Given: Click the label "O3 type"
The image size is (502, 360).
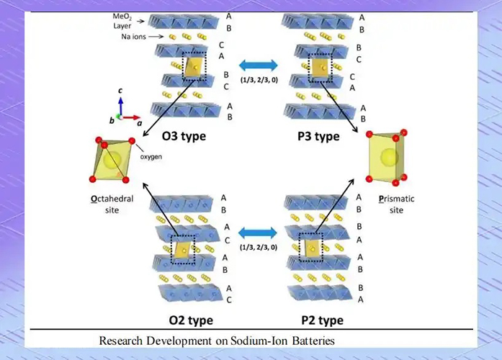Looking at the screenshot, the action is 184,136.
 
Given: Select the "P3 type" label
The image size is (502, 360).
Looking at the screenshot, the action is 318,136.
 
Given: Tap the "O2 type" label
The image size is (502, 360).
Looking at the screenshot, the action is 191,320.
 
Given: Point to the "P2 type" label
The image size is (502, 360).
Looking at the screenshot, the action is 323,320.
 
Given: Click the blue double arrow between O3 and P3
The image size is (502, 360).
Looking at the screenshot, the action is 259,66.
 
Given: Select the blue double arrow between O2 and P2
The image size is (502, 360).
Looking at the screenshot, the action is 258,233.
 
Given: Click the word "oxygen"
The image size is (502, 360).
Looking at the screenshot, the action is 151,157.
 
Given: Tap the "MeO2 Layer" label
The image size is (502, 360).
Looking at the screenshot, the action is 122,21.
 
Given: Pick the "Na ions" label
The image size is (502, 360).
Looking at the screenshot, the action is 133,37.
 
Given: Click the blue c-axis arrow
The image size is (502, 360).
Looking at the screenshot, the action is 121,107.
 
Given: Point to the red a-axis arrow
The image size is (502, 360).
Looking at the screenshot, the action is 131,118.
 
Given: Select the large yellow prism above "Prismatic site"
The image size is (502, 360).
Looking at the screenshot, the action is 387,157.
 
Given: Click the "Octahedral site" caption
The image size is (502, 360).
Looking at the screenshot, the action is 112,204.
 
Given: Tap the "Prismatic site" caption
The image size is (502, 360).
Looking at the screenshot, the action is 396,204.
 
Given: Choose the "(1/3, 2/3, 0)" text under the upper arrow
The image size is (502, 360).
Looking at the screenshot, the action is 259,80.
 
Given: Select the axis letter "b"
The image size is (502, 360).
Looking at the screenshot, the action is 112,121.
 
